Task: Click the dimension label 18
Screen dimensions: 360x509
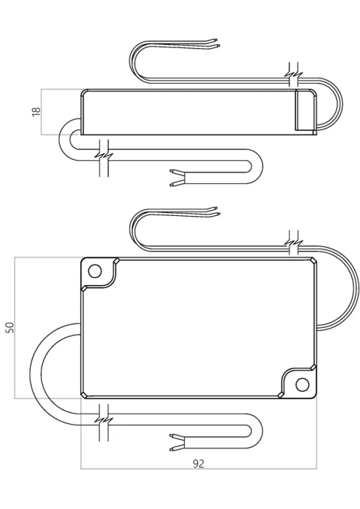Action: pos(36,111)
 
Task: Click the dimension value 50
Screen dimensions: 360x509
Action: pos(9,327)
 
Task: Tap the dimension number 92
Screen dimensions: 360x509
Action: pos(199,464)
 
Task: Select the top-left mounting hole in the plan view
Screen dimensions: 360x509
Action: pos(95,271)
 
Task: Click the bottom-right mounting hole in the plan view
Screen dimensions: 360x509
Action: pos(303,385)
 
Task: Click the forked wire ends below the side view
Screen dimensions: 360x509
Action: pos(177,178)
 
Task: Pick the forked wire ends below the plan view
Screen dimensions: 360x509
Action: pos(177,442)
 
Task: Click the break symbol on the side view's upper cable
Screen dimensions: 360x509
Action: pos(293,75)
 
